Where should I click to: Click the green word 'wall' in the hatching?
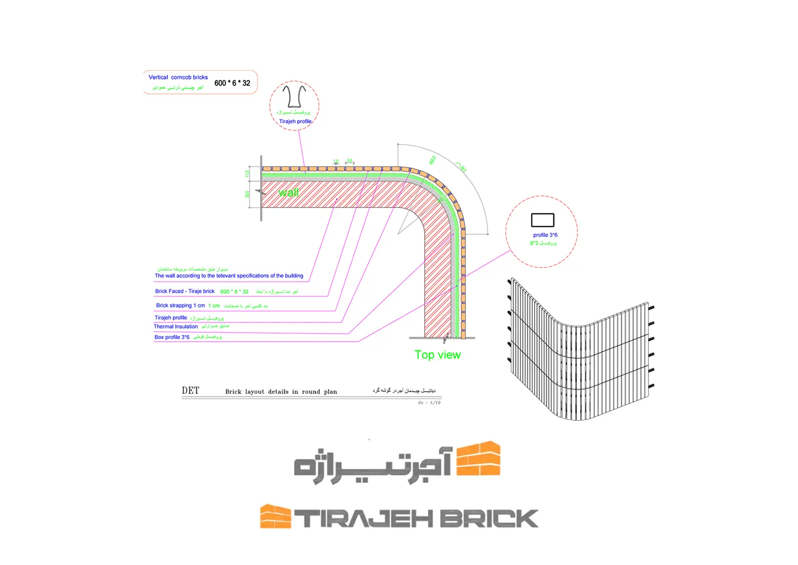point(288,193)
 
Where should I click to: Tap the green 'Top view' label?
point(437,355)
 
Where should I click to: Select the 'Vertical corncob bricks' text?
point(178,77)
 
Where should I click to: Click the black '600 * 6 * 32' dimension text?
point(232,83)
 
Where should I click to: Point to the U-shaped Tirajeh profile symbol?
point(294,96)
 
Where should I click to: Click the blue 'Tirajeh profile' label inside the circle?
point(295,121)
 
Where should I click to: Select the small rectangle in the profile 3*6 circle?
point(543,220)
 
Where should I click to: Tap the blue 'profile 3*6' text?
point(545,235)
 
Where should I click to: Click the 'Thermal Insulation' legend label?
point(176,327)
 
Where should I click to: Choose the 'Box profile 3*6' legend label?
point(172,337)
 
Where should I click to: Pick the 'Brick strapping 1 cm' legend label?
point(180,306)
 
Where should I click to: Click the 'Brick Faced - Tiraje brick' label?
point(185,291)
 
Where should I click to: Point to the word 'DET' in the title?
point(191,391)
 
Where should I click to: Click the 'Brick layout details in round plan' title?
point(281,392)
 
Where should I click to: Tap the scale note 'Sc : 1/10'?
point(429,402)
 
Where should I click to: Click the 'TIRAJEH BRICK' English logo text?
point(416,519)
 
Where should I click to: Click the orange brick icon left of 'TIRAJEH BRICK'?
point(275,517)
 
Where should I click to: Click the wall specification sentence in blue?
point(229,276)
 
